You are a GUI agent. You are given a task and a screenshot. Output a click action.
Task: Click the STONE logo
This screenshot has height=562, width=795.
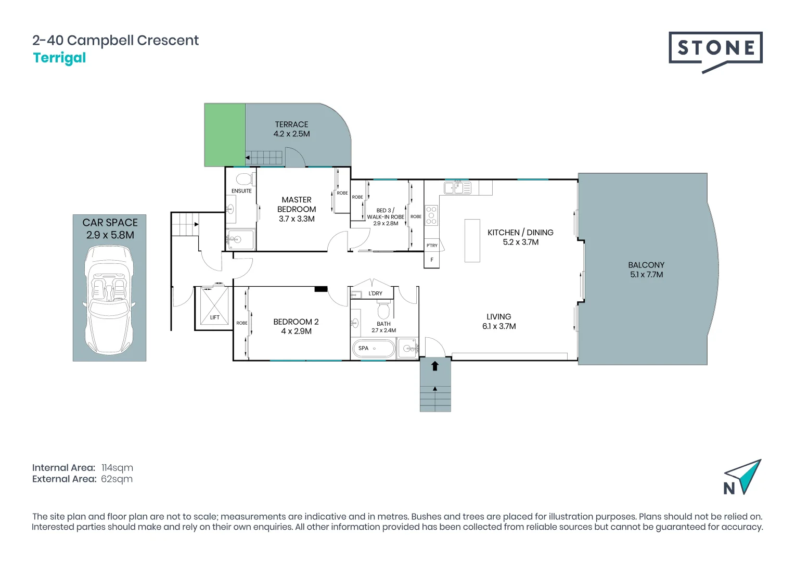click(715, 52)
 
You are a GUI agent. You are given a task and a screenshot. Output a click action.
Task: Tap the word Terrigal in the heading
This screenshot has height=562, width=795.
click(59, 58)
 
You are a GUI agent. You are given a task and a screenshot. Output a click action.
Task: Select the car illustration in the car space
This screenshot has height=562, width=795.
click(109, 300)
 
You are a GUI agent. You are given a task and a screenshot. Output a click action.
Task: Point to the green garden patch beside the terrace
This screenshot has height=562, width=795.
click(225, 135)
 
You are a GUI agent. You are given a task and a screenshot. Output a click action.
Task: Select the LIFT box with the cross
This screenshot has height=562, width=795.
click(214, 305)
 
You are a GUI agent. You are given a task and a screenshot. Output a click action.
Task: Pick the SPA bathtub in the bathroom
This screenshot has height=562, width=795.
click(374, 349)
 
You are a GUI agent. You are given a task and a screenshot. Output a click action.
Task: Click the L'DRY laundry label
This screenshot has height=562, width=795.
click(375, 293)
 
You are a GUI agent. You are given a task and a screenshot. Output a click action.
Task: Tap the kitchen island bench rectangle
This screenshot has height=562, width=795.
click(472, 241)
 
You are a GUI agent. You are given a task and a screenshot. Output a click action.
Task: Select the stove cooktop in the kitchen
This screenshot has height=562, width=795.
click(431, 215)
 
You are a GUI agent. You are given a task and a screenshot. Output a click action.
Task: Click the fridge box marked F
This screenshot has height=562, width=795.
click(432, 260)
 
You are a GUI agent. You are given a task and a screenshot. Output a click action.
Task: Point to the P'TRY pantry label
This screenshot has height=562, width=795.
click(432, 245)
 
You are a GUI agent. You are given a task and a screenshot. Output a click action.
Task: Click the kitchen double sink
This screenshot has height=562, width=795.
click(457, 188)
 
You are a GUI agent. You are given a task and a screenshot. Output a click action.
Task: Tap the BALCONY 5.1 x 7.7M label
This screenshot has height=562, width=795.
click(646, 270)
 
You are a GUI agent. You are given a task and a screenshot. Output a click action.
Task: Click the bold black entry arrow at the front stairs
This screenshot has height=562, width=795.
click(435, 366)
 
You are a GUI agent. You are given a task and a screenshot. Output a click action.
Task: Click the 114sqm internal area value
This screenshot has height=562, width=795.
click(117, 468)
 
